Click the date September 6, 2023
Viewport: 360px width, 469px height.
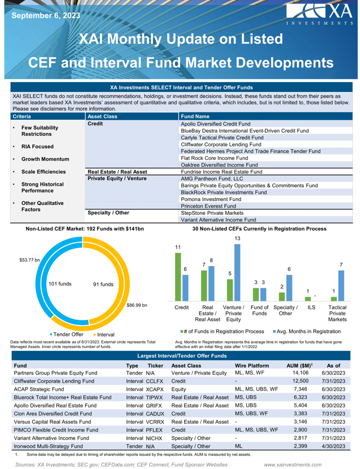[45, 15]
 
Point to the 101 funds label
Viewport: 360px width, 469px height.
[60, 284]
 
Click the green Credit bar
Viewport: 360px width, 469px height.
[178, 275]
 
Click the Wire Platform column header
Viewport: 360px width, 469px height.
[253, 366]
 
